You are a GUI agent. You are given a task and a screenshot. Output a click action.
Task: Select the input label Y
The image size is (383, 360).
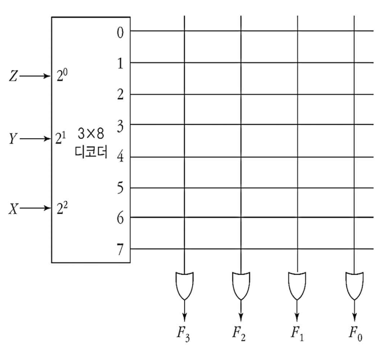pyautogui.click(x=13, y=138)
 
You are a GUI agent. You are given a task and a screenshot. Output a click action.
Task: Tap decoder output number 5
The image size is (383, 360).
pyautogui.click(x=119, y=187)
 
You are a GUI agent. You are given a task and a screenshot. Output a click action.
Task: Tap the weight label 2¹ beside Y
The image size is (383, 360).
pyautogui.click(x=62, y=138)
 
